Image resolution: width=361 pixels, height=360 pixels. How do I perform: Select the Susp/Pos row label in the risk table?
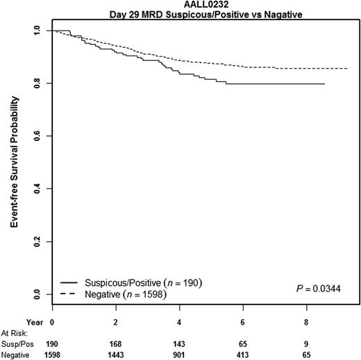click(16, 343)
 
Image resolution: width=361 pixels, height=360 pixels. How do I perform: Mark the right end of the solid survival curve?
click(324, 84)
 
